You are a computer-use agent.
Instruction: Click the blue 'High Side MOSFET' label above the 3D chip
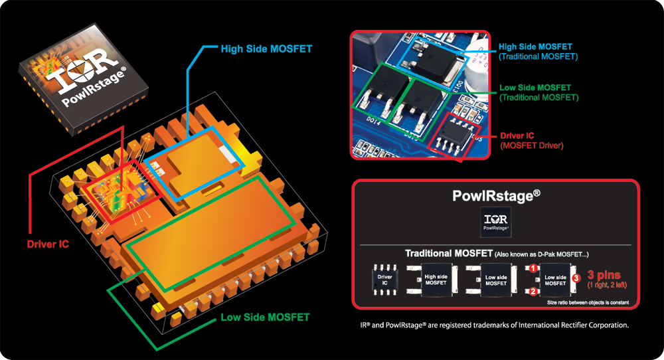266,48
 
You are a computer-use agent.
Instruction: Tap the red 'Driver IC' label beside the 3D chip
48,244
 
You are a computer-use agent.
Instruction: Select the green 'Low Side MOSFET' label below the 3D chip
265,317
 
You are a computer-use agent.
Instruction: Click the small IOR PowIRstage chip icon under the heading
495,223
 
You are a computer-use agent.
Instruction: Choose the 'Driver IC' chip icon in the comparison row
384,280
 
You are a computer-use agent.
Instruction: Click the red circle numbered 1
533,268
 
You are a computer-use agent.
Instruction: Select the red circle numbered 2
533,290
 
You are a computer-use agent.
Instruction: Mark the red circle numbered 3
576,278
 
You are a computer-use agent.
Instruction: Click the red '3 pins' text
606,274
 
